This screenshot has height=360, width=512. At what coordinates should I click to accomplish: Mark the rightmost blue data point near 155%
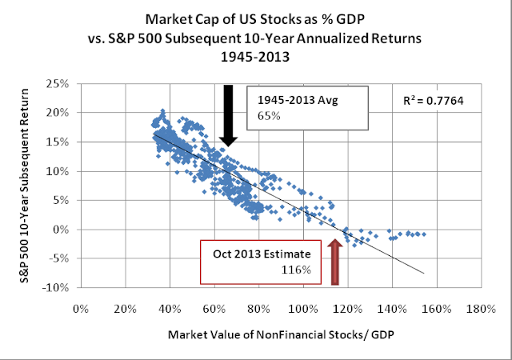click(x=423, y=234)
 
